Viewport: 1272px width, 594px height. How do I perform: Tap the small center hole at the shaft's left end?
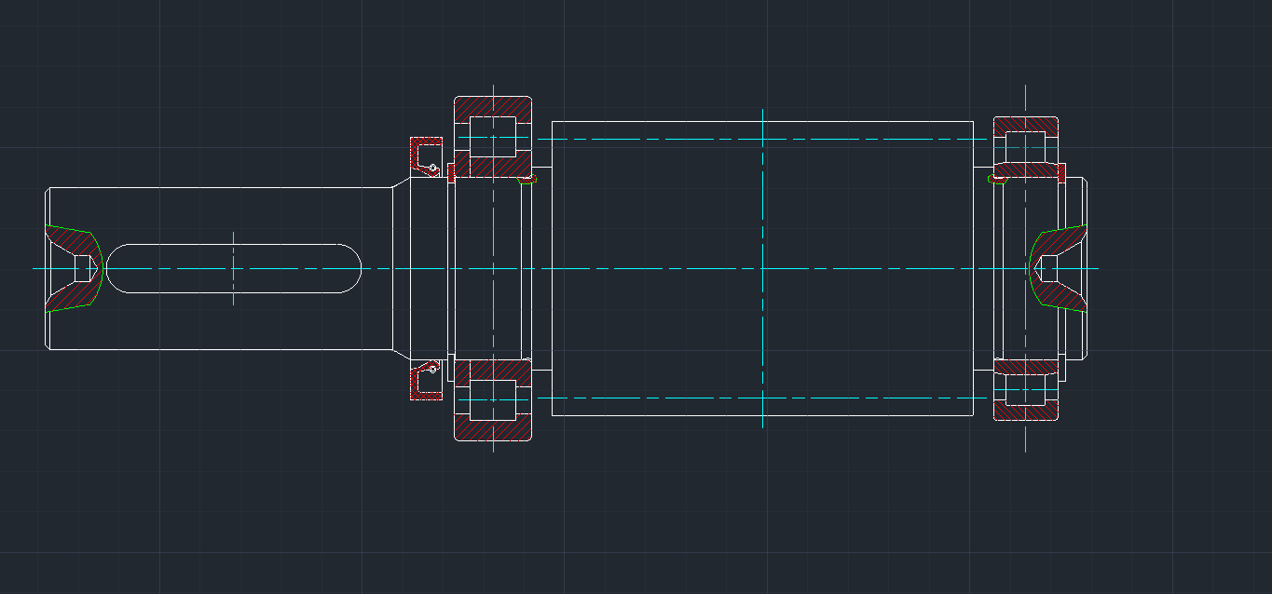click(85, 268)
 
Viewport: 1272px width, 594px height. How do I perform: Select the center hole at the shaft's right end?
click(1047, 268)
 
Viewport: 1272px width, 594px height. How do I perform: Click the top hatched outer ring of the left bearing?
click(493, 106)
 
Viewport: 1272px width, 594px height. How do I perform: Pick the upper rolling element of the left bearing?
click(492, 136)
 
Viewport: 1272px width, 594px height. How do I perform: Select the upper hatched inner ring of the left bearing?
click(492, 168)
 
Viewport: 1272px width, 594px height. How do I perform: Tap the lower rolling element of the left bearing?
click(492, 400)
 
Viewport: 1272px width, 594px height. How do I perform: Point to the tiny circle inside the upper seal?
click(433, 168)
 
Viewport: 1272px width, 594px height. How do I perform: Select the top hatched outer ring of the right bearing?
click(1025, 124)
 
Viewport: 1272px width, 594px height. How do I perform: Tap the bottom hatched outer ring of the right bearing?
click(1025, 412)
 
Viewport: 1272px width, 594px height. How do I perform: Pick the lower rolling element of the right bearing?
click(1025, 390)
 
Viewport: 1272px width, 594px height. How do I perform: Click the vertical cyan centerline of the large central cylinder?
click(762, 186)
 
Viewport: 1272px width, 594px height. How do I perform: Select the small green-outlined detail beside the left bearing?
click(531, 178)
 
